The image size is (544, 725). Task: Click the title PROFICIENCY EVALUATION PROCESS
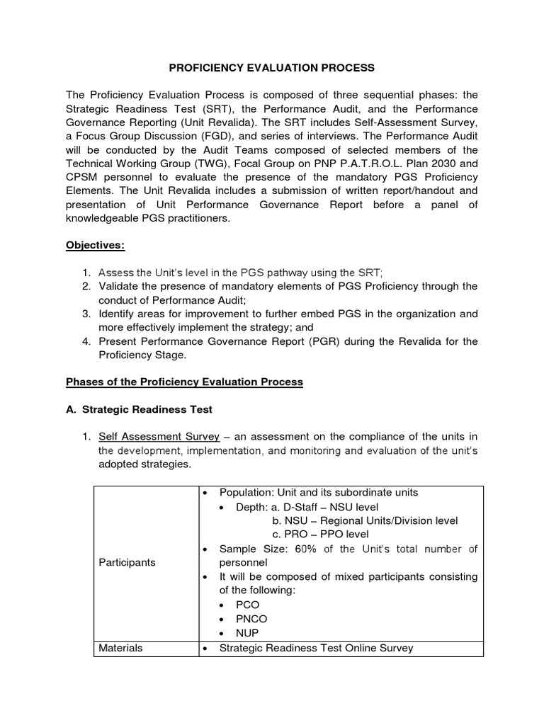click(271, 68)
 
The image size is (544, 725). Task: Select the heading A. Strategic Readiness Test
click(139, 409)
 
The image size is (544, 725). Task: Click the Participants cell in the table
click(127, 562)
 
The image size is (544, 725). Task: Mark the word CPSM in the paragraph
click(82, 177)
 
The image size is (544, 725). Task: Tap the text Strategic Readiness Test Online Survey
click(317, 648)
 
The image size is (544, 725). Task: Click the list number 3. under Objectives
click(85, 314)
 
